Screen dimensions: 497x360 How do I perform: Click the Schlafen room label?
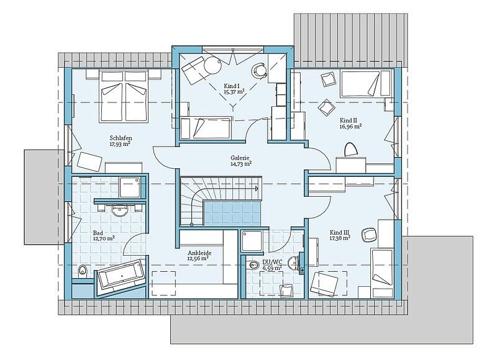click(x=121, y=138)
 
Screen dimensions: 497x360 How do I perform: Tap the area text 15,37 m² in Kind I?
click(x=234, y=92)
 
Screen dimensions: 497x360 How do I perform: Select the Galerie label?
click(x=240, y=158)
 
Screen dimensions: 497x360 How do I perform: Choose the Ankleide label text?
click(x=199, y=253)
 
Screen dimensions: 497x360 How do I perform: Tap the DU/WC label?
click(x=272, y=263)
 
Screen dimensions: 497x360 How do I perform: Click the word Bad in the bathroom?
click(x=98, y=233)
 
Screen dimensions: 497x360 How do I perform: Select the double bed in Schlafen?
click(x=124, y=96)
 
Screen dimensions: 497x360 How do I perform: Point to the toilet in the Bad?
click(x=83, y=271)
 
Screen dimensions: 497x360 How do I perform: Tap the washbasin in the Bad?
click(x=119, y=211)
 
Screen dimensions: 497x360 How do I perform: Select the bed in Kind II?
click(x=360, y=84)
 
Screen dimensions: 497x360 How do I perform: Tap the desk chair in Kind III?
click(x=369, y=234)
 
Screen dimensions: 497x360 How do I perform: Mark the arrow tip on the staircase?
click(x=258, y=188)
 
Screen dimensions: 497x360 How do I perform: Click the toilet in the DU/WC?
click(x=254, y=265)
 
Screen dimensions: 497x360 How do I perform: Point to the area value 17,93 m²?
click(x=121, y=144)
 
